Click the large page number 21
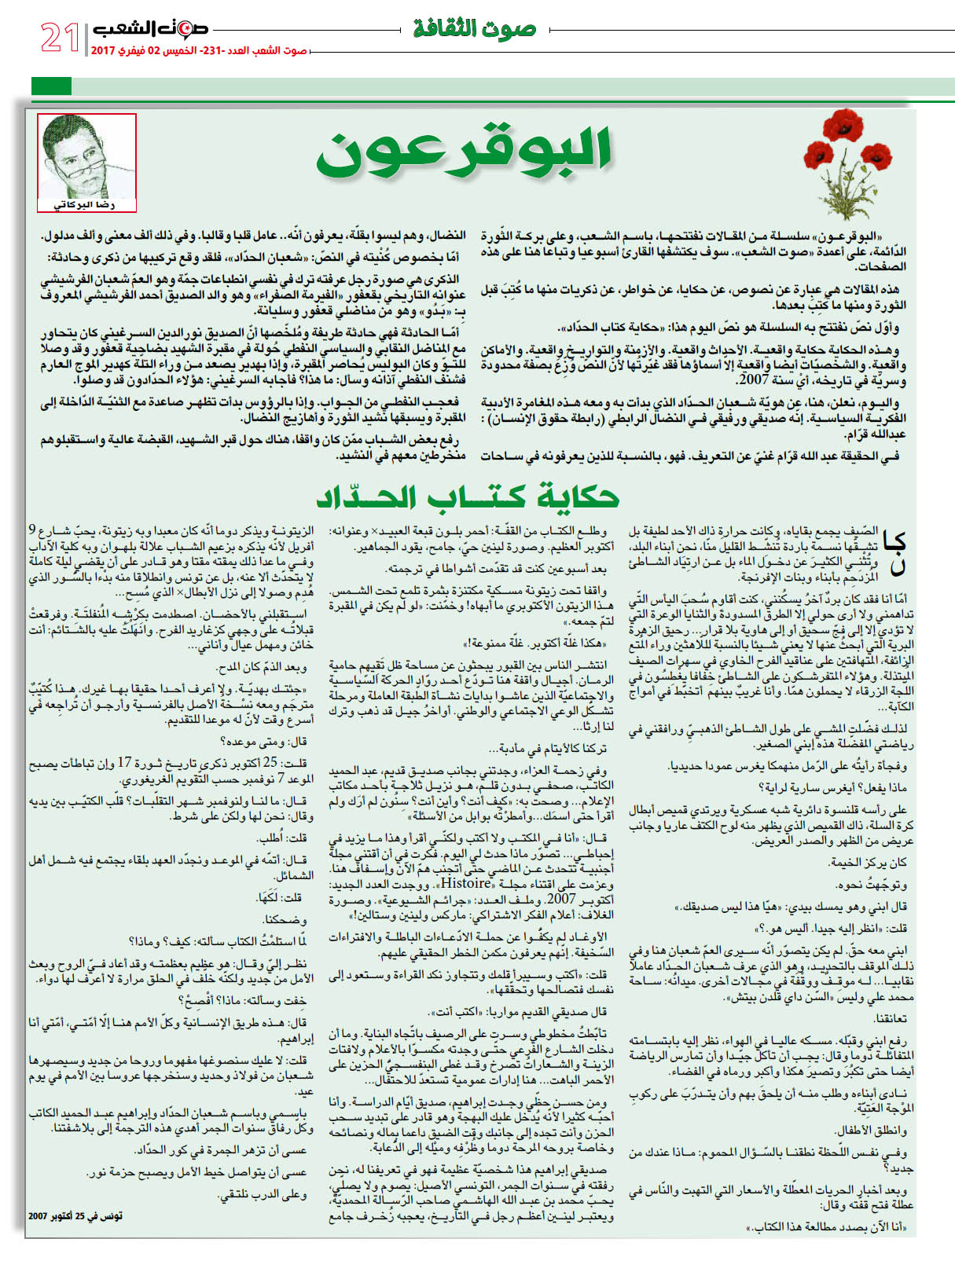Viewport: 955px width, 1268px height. (60, 37)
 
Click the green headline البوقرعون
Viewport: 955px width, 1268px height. (464, 152)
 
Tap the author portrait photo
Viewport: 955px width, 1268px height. (86, 157)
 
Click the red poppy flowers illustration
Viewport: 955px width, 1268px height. (853, 157)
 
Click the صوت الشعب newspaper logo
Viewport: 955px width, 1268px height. (150, 28)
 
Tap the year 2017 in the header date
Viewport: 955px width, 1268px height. (103, 51)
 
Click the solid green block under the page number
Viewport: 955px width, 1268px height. (51, 86)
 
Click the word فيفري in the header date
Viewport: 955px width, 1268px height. (130, 51)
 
